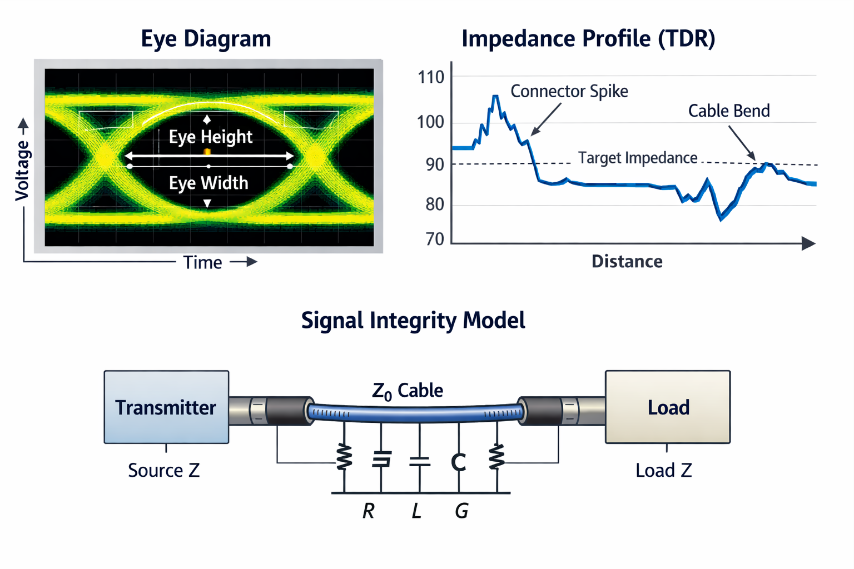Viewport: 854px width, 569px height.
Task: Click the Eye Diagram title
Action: [206, 39]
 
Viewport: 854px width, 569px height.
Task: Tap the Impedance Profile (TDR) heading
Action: [588, 39]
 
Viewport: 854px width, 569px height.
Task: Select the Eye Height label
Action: [210, 137]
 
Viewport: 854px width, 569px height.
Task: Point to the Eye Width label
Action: [208, 183]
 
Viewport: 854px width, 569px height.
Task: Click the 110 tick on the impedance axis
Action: [431, 77]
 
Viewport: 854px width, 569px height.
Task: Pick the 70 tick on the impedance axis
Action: [435, 239]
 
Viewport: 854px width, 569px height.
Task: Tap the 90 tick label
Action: [435, 164]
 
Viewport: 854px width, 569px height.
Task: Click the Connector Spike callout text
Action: [569, 91]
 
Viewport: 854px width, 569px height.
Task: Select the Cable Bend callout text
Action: [729, 111]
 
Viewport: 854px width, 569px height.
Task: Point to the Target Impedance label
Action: [638, 158]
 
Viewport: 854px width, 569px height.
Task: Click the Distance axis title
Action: [627, 261]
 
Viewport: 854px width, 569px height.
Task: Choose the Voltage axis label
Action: [22, 170]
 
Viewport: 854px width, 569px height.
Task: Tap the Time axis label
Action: [202, 262]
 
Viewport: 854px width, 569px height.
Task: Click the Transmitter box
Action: [166, 407]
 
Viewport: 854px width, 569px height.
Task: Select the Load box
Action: [668, 407]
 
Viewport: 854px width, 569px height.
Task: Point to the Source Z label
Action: [163, 470]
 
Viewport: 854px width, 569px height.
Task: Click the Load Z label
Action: [663, 470]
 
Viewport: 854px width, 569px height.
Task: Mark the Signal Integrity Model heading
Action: [413, 321]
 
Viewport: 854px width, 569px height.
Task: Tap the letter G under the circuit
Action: [461, 511]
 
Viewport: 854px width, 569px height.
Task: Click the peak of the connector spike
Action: [495, 97]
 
